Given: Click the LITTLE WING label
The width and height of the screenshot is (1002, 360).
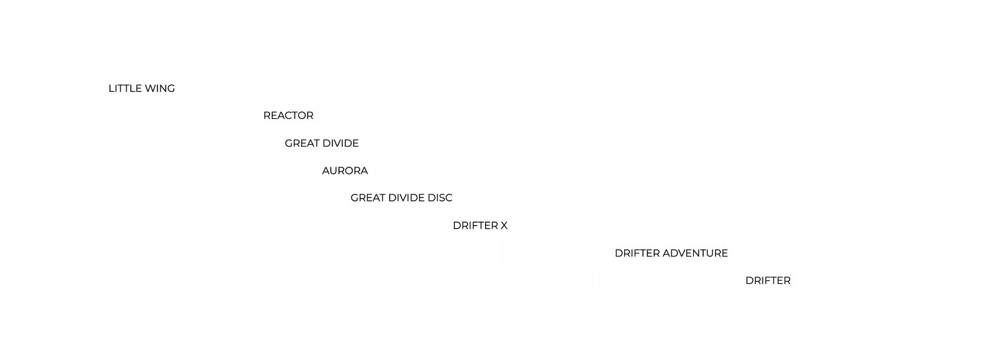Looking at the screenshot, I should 141,88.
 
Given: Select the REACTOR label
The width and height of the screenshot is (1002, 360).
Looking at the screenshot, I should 288,115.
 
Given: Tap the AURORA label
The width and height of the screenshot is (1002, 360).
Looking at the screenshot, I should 345,171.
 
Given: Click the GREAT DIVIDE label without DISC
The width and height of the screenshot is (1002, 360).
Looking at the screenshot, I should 321,143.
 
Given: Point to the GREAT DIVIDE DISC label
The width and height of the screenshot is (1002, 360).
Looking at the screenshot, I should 401,198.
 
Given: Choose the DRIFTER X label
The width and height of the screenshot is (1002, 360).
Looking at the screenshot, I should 480,226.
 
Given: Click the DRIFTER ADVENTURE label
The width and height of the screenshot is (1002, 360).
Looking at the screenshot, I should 671,253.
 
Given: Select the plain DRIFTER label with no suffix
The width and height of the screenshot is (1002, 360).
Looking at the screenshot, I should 767,280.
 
